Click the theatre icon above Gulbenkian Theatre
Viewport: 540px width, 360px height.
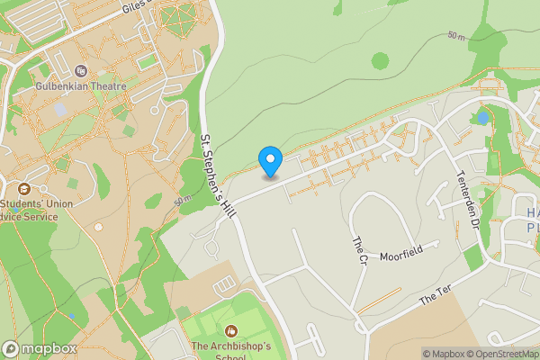(x=81, y=70)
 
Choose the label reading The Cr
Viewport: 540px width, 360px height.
(x=357, y=250)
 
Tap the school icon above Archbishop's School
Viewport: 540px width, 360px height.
(x=232, y=331)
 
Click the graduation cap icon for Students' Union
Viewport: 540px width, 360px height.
(x=23, y=189)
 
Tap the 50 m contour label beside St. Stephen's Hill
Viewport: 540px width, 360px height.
(x=183, y=199)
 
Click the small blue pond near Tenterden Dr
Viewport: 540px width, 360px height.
(x=483, y=118)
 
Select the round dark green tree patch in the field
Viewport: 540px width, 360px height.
(x=381, y=60)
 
